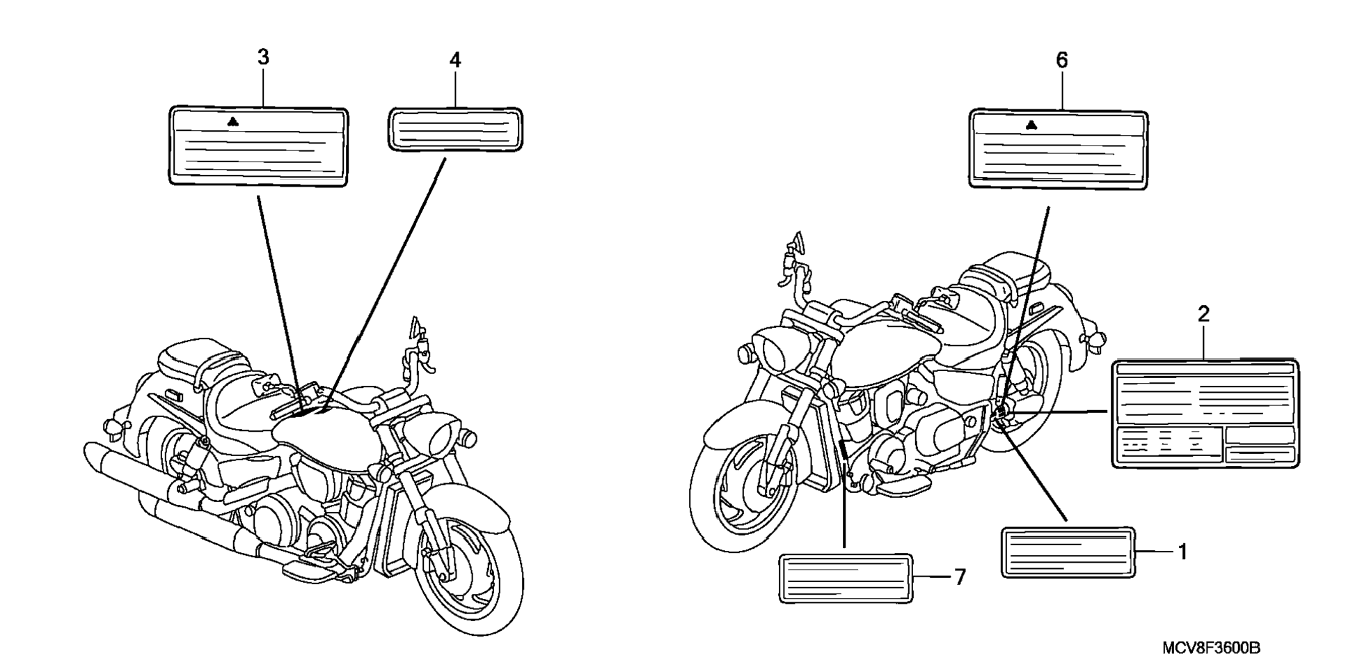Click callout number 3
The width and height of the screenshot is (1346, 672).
262,58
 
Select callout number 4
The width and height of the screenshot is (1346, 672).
454,61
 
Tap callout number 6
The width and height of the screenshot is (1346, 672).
1061,61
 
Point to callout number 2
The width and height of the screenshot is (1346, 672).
1203,314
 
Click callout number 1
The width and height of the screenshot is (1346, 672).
1182,553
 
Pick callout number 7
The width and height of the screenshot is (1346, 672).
960,577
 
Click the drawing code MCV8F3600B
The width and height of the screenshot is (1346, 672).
1211,648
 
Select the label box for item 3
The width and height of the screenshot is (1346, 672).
258,146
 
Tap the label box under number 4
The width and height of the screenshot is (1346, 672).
454,129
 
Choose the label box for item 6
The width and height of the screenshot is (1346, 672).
1058,148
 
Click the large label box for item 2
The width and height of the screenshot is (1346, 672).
1205,414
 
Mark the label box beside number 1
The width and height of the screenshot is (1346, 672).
1068,553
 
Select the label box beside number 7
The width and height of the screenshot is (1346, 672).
846,578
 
